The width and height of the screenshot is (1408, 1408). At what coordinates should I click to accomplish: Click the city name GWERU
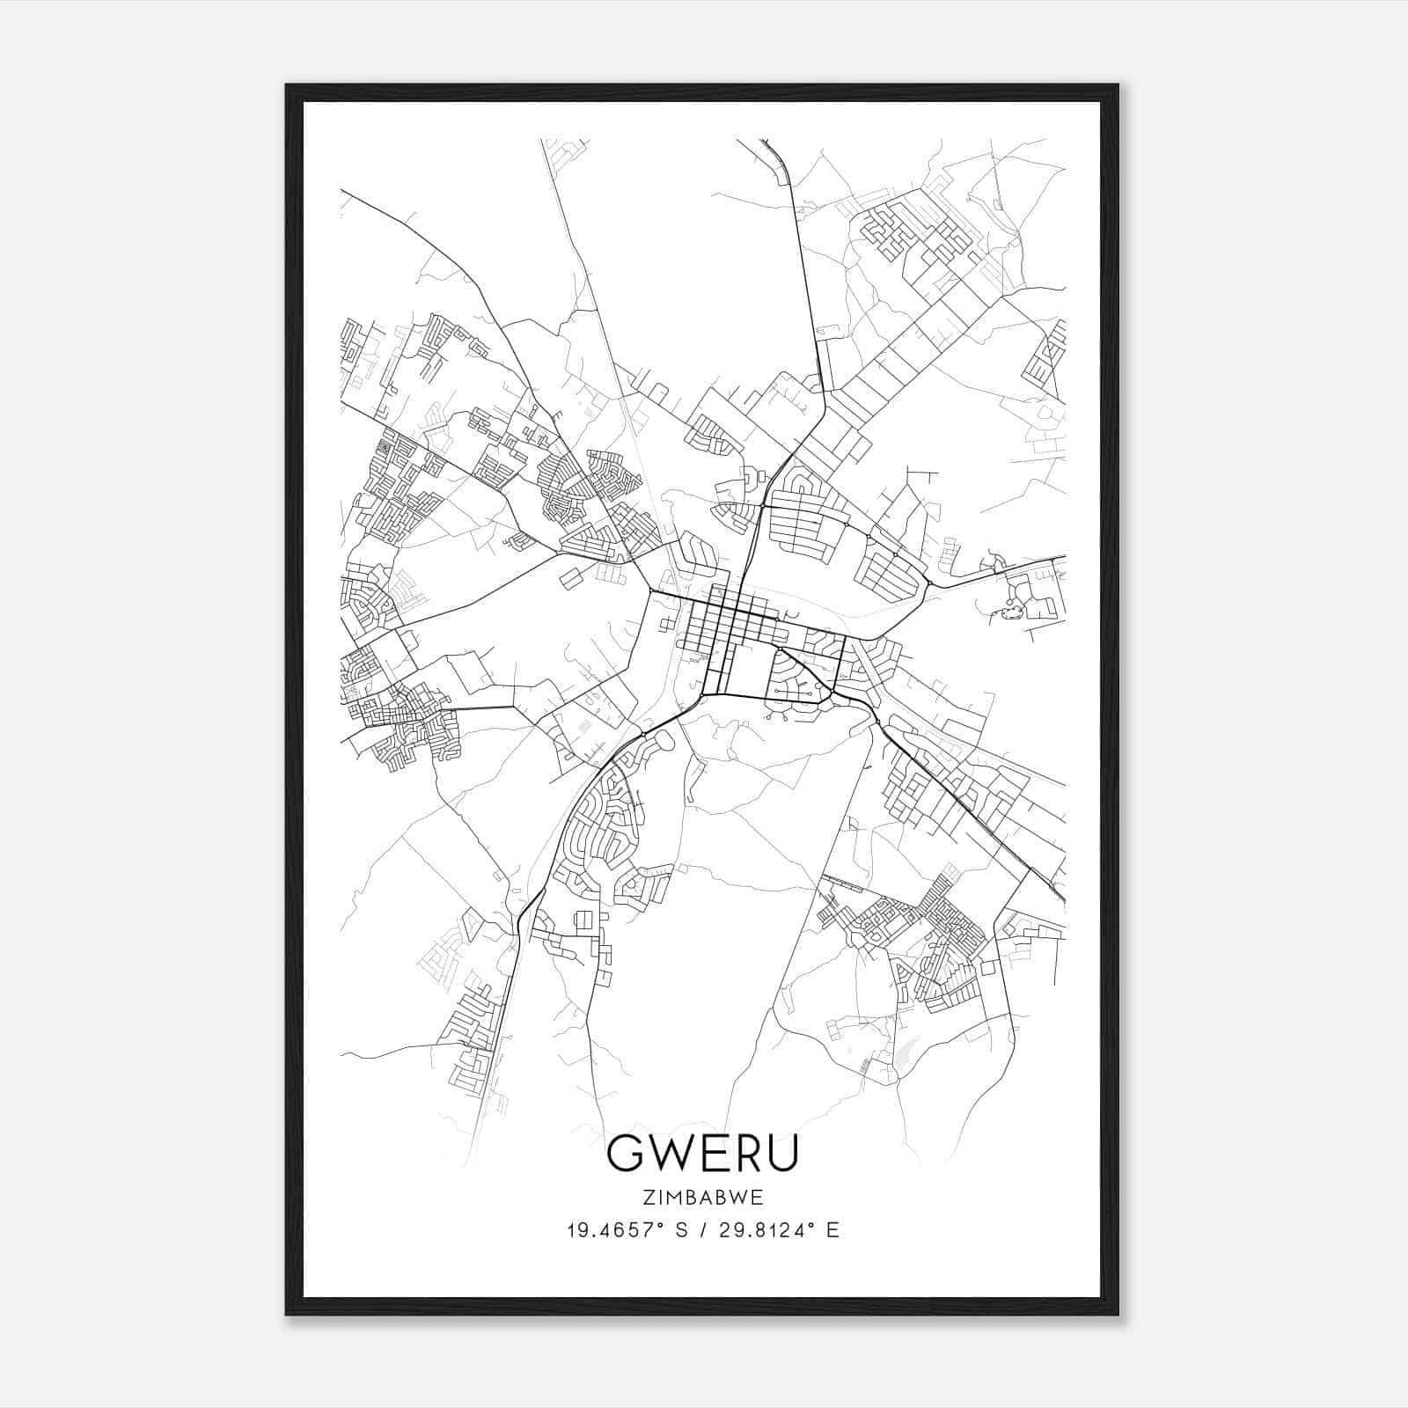702,1155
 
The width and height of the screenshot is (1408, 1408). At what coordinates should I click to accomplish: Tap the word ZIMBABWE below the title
703,1197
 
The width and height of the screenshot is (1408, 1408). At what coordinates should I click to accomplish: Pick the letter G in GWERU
626,1155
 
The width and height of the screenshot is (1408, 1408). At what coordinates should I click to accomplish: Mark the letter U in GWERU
782,1155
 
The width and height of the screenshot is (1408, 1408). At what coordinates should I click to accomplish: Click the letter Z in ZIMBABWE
649,1197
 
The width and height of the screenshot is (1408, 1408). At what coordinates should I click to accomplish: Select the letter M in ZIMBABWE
675,1197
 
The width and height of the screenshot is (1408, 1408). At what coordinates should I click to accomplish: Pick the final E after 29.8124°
832,1230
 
